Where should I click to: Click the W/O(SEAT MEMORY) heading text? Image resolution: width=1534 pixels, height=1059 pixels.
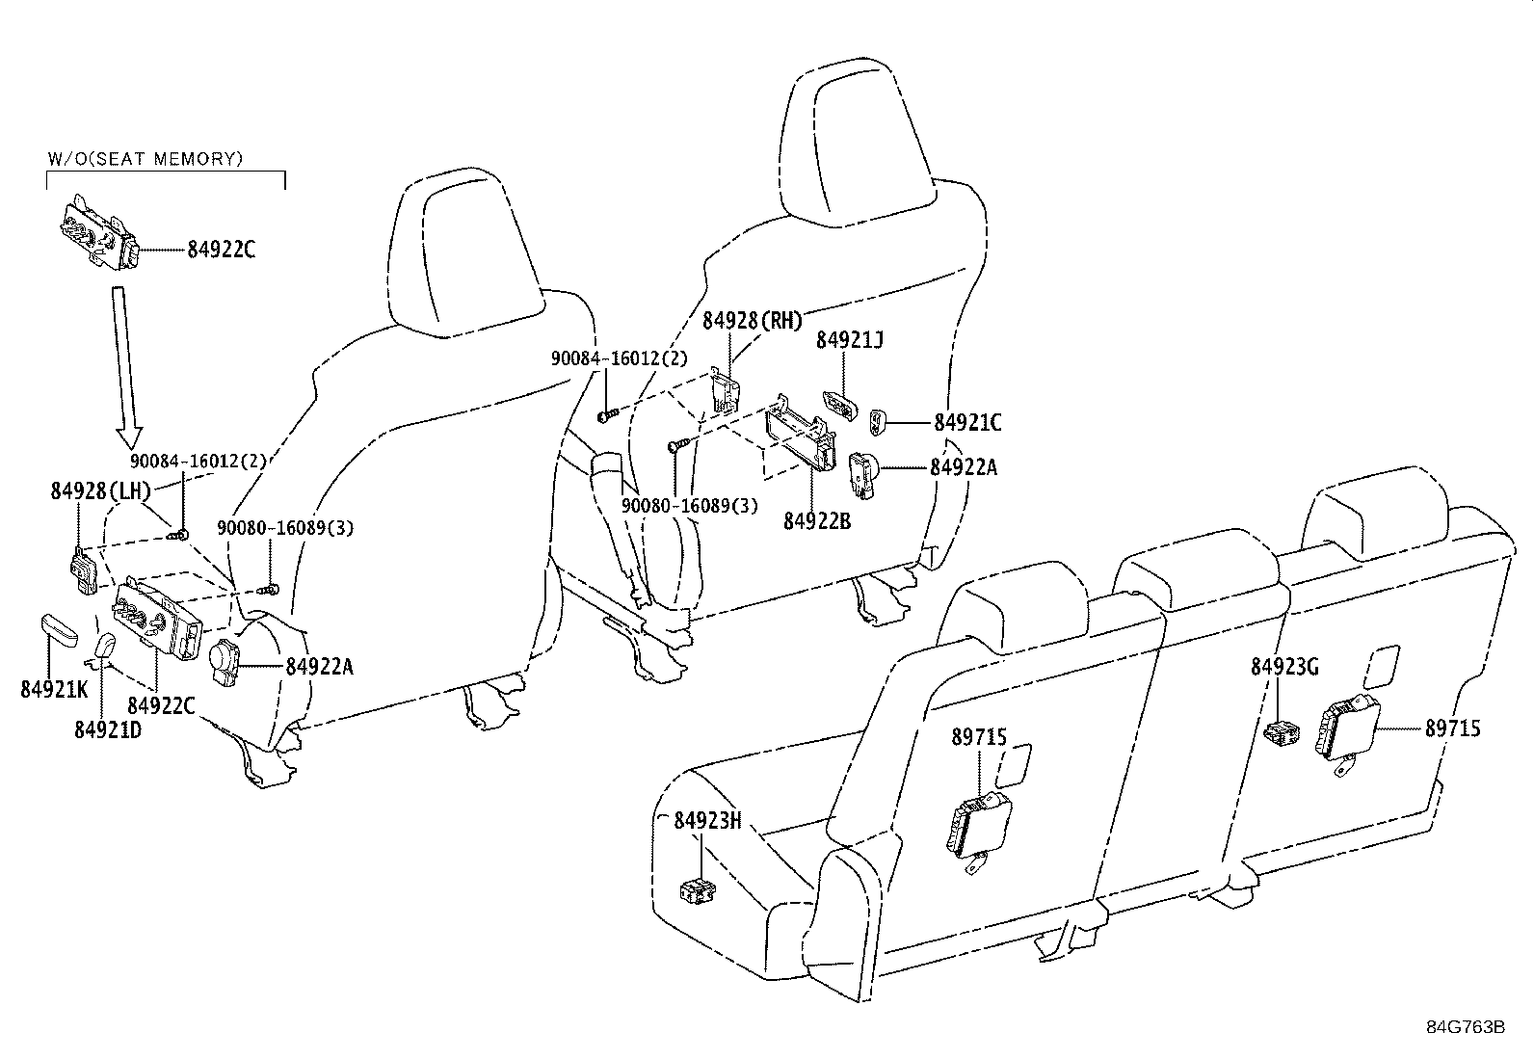(x=145, y=159)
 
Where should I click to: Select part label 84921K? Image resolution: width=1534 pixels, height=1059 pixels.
(x=53, y=689)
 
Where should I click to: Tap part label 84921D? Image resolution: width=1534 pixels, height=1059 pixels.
(x=107, y=729)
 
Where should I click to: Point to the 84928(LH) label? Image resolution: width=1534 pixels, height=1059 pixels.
(x=100, y=491)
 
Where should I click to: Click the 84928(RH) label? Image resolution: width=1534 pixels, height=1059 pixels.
(x=752, y=321)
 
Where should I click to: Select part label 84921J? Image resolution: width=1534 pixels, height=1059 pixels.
(x=850, y=339)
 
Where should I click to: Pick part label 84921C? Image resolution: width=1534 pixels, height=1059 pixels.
(x=967, y=422)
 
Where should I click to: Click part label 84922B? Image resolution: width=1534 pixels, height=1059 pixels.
(x=816, y=521)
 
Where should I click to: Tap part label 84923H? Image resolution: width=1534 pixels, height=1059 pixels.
(x=707, y=820)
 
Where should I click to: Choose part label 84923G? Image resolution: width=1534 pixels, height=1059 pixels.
(x=1284, y=667)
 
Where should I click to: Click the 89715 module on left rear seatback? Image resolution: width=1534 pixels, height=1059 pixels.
(x=977, y=825)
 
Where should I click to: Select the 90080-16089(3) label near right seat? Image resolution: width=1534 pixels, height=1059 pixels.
(x=689, y=505)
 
